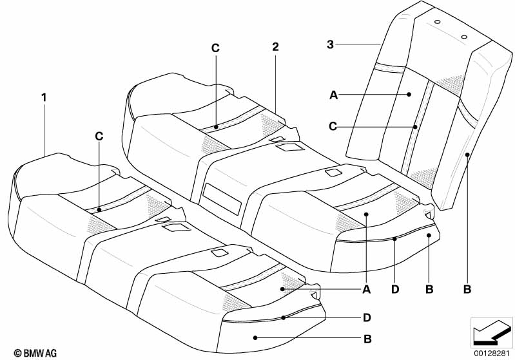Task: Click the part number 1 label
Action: (44, 97)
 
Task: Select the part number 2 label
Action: (275, 46)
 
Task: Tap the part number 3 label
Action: (330, 44)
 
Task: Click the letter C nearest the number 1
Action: (99, 136)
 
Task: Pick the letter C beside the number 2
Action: (215, 48)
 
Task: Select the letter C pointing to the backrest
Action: (333, 126)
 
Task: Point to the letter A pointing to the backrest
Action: (333, 95)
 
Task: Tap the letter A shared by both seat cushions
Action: (367, 289)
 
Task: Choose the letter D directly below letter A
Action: (367, 317)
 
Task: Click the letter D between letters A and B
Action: (395, 289)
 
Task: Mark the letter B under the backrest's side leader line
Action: (467, 289)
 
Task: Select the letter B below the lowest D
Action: (367, 339)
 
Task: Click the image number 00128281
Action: (491, 354)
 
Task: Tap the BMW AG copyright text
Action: (35, 353)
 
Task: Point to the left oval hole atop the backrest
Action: (437, 22)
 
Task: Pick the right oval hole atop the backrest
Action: (464, 37)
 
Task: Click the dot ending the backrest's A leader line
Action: (409, 95)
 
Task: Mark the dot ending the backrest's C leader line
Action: (416, 126)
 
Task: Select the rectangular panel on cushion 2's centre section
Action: (222, 199)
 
